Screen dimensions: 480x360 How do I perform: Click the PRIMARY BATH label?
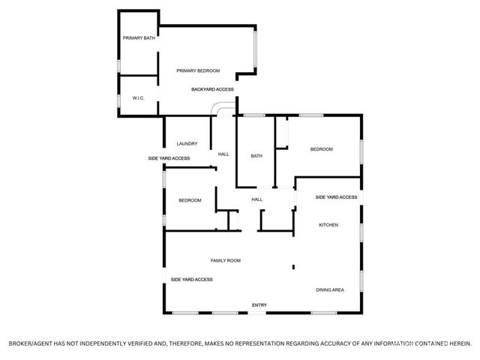tap(139, 38)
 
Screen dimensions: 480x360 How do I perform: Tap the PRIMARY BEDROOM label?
tap(198, 70)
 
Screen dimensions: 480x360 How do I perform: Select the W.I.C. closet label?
tap(138, 98)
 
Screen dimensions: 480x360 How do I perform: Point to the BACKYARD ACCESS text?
tap(212, 89)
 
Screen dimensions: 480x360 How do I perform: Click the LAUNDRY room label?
tap(187, 143)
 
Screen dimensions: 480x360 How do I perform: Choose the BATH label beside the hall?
tap(256, 156)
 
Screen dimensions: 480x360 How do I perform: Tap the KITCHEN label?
tap(328, 225)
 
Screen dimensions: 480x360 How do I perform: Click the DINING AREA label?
tap(330, 289)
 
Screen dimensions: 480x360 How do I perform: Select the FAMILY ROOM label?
tap(226, 260)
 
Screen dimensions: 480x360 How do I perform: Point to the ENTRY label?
tap(259, 305)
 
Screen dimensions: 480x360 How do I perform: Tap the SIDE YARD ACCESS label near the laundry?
tap(169, 158)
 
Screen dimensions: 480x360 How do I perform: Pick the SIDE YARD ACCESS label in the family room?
tap(192, 280)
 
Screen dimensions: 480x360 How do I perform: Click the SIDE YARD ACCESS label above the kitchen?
tap(336, 197)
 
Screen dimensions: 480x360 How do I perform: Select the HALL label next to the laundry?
tap(223, 154)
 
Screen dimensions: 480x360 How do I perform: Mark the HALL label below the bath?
tap(256, 199)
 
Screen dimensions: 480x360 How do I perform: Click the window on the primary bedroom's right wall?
tap(255, 49)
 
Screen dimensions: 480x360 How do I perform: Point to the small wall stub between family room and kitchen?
tap(293, 267)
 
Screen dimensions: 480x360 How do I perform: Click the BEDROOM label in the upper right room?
tap(322, 149)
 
